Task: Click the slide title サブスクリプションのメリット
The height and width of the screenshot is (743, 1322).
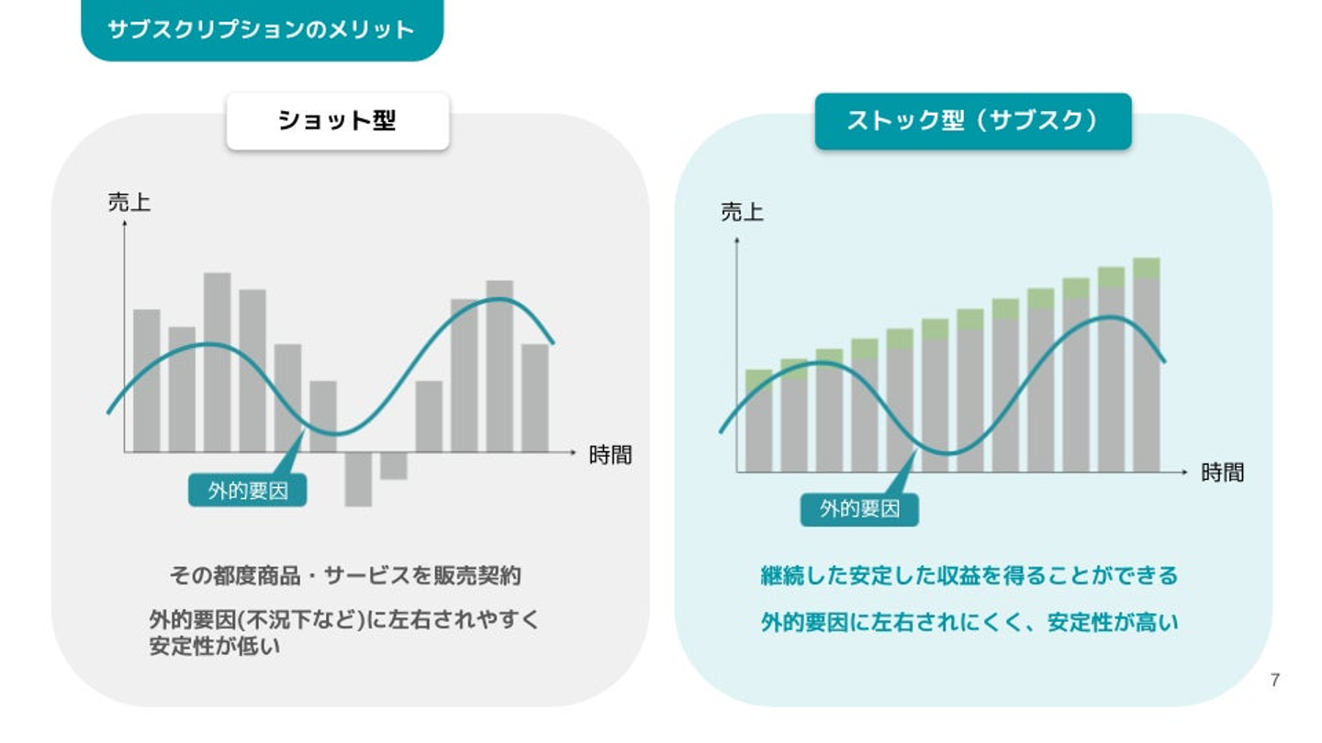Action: (x=261, y=29)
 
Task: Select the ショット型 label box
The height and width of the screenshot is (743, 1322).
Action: (x=338, y=121)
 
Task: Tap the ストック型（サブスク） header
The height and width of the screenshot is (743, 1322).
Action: (x=973, y=121)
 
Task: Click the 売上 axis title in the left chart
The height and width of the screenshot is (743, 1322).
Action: (x=129, y=202)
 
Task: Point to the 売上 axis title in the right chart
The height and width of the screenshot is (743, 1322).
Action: (x=742, y=212)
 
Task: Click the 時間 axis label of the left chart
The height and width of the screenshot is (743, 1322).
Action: (x=611, y=455)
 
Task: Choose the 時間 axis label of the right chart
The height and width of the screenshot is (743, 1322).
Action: (x=1222, y=472)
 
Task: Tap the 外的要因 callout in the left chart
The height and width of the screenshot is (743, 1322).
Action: (x=247, y=490)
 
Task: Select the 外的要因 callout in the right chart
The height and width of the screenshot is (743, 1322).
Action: (x=859, y=509)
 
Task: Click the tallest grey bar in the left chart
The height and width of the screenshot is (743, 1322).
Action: (x=218, y=362)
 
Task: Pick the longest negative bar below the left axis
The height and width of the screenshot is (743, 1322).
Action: (x=358, y=480)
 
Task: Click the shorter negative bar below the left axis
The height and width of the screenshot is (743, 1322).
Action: (x=394, y=466)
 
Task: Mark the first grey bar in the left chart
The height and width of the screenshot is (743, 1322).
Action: (x=146, y=381)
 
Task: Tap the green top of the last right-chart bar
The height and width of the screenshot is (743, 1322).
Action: (x=1146, y=268)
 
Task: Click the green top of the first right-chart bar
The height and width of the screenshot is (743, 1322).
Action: (x=758, y=380)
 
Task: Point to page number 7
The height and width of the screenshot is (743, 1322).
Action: (x=1275, y=681)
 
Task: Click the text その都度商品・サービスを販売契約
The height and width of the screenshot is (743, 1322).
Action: (x=345, y=575)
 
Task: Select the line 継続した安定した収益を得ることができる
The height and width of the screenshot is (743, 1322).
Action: (x=969, y=575)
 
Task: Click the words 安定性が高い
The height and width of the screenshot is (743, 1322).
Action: (x=1113, y=623)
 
